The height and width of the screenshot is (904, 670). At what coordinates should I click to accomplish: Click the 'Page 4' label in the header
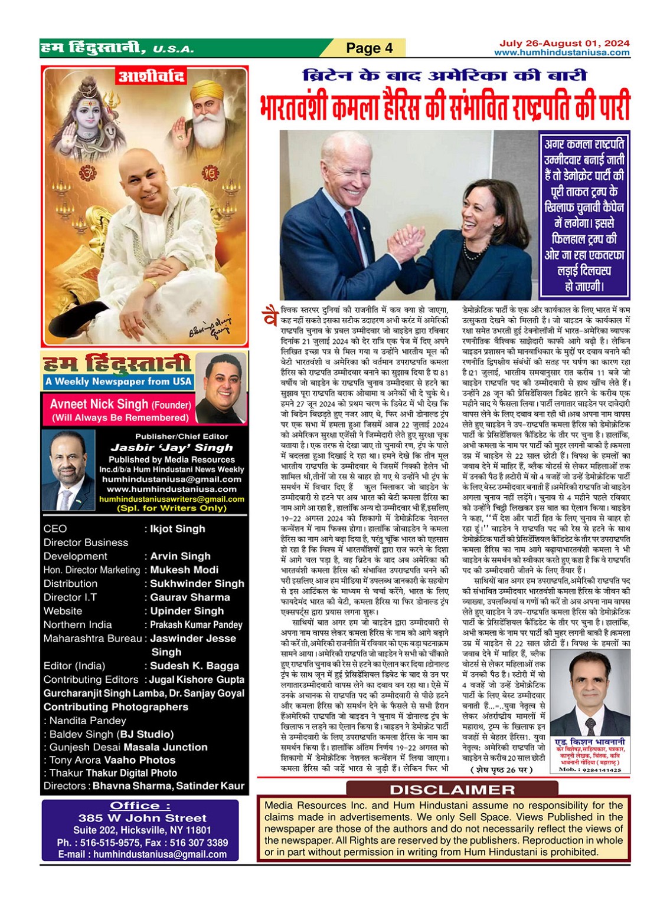point(369,48)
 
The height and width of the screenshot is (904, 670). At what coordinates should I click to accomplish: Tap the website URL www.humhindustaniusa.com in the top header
point(561,52)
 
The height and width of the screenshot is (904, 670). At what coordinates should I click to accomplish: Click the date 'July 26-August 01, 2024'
point(564,43)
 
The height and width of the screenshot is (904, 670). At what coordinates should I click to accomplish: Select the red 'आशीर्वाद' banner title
point(152,76)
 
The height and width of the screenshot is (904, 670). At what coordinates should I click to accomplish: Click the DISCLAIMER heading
point(452,790)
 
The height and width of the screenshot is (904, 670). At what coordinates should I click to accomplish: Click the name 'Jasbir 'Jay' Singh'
point(171,448)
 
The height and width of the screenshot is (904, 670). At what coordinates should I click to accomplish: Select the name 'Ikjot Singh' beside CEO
point(178,529)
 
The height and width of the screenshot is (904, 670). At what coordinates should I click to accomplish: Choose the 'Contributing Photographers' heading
point(116,706)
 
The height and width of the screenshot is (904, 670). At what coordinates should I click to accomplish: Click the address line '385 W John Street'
point(142,818)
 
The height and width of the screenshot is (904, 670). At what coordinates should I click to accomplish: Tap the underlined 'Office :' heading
point(140,806)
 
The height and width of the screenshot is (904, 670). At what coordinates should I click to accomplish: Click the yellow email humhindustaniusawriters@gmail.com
point(172,499)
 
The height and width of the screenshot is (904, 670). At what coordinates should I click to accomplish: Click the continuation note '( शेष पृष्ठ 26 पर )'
point(501,770)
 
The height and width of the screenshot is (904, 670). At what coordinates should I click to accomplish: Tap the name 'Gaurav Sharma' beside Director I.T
point(189,597)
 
